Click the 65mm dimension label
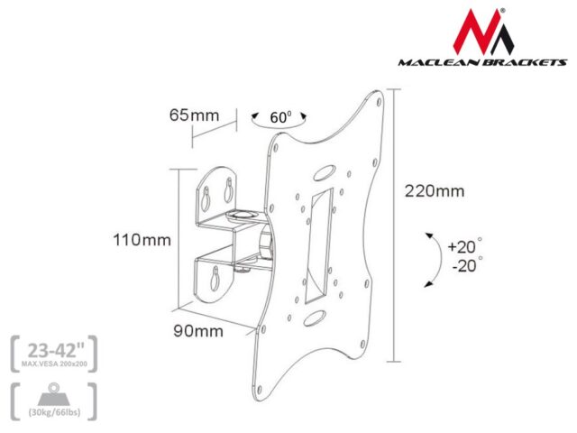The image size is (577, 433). (x=194, y=115)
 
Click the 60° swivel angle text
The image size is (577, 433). (x=280, y=118)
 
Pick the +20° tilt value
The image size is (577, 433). (x=465, y=245)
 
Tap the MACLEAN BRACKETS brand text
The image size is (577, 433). (x=482, y=64)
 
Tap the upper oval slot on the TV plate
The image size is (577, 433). (x=321, y=169)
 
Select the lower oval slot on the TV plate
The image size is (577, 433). (x=316, y=318)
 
